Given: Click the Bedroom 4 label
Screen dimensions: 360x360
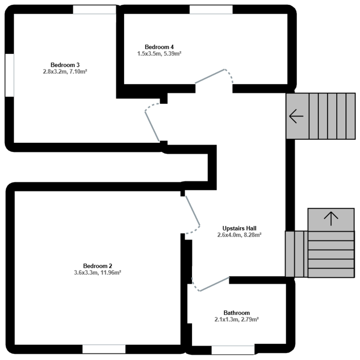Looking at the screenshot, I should click(159, 47).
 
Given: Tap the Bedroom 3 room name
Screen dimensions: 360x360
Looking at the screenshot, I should click(65, 65).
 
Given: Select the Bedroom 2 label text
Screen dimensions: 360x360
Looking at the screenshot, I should click(98, 266).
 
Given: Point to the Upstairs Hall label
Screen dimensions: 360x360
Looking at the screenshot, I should click(239, 228).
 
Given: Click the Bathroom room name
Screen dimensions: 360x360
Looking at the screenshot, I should click(237, 313).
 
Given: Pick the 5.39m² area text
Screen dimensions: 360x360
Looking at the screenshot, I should click(172, 54).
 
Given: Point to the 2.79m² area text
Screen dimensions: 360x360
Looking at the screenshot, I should click(249, 319).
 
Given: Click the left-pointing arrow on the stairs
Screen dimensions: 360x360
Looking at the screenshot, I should click(296, 116).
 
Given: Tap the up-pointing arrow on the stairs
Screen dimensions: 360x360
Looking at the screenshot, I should click(331, 218).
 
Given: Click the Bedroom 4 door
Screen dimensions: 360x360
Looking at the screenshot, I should click(210, 76).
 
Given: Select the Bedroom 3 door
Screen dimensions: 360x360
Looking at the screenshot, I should click(152, 126).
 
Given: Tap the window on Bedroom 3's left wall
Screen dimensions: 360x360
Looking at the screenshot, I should click(10, 75).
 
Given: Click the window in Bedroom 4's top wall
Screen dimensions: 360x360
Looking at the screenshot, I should click(211, 10).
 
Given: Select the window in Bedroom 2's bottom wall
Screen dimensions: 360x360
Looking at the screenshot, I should click(104, 349).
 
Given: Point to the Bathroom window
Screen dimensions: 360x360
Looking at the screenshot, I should click(233, 350).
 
